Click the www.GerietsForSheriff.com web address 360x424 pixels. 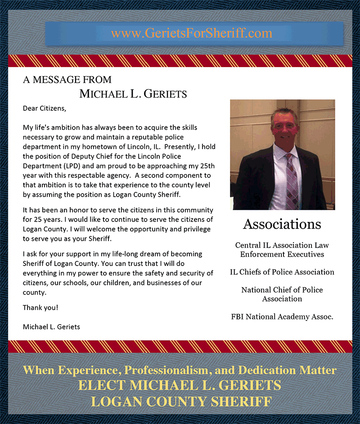tap(192, 33)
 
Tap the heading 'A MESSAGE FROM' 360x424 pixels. tap(67, 80)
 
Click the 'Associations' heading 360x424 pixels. tap(282, 224)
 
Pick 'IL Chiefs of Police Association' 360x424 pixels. tap(282, 272)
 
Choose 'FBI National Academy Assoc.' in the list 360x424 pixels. tap(282, 317)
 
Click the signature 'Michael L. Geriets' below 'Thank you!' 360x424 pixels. tap(51, 327)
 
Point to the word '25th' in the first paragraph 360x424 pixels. tap(206, 165)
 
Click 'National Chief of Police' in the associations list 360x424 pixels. tap(282, 290)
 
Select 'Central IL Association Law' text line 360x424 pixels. tap(282, 245)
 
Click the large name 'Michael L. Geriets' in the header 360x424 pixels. tap(133, 94)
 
